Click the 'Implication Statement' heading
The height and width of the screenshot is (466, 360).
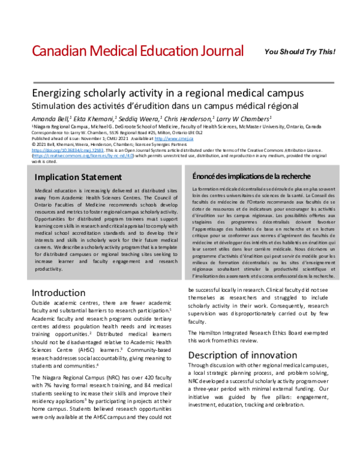point(77,177)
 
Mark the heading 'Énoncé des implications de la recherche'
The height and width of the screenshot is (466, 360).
point(251,177)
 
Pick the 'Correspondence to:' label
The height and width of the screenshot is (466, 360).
point(47,133)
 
